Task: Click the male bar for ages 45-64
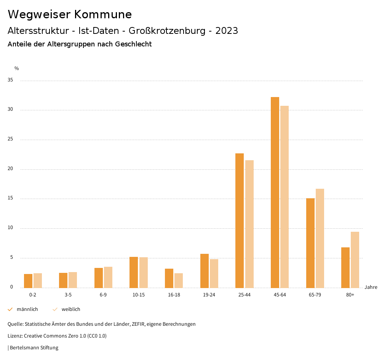pos(275,192)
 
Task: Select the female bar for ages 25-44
pos(249,224)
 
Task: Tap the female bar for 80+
pos(355,260)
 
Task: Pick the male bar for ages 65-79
pos(310,243)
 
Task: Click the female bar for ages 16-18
pos(179,280)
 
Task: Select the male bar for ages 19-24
pos(205,271)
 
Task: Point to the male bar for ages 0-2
pos(28,281)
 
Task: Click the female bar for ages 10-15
pos(144,272)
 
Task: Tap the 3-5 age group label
pos(68,295)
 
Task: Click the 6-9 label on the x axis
pos(103,295)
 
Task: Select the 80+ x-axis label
pos(350,295)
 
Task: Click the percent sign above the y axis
pos(17,68)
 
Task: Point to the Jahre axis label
pos(371,287)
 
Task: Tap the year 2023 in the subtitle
pos(227,31)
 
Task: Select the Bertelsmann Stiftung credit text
pos(34,348)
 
